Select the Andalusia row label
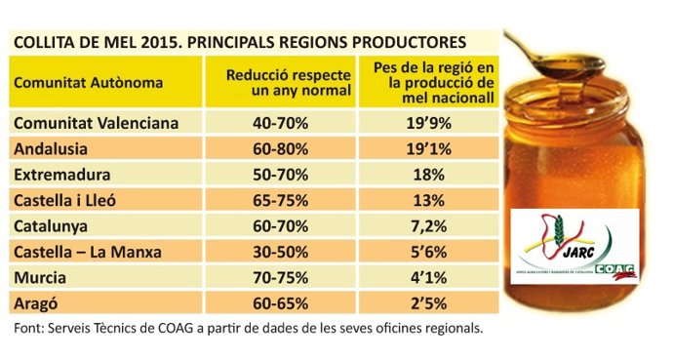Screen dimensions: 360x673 click(x=50, y=149)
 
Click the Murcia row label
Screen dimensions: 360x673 click(x=41, y=277)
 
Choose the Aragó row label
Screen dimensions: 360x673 click(x=38, y=302)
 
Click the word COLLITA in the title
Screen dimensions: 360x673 click(x=41, y=42)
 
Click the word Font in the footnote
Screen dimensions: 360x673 click(x=28, y=328)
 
